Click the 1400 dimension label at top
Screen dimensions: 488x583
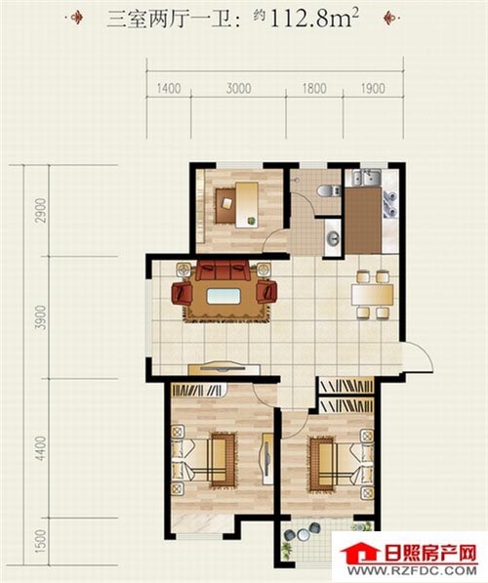click(x=169, y=89)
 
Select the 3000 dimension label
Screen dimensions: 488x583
click(x=238, y=89)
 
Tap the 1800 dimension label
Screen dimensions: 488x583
click(x=314, y=89)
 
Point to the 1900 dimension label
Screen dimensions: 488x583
click(x=373, y=89)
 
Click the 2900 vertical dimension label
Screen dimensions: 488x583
click(x=41, y=210)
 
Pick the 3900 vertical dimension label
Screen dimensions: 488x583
click(x=41, y=317)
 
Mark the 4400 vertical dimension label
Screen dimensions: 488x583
click(x=41, y=448)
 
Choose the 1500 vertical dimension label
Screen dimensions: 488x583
click(x=41, y=541)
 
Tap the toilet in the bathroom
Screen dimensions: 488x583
click(x=328, y=191)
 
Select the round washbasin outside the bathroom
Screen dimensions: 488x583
click(x=333, y=237)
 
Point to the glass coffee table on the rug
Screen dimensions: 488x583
click(x=224, y=297)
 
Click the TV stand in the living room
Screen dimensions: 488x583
click(x=224, y=369)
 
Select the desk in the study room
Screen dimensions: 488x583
click(x=247, y=204)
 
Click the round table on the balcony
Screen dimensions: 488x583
click(x=304, y=535)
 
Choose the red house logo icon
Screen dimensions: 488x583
click(x=358, y=554)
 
